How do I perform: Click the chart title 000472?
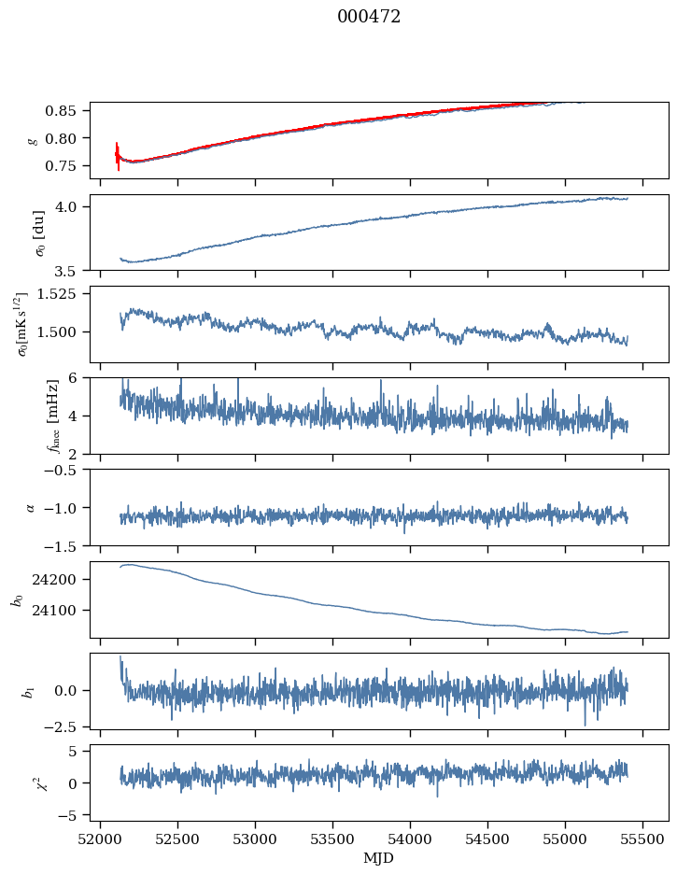tap(369, 17)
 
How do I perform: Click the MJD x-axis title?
tap(378, 858)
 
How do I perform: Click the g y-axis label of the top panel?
tap(34, 140)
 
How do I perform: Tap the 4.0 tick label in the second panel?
tap(74, 206)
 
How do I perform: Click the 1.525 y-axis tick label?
tap(63, 293)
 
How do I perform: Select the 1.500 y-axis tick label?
tap(63, 331)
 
